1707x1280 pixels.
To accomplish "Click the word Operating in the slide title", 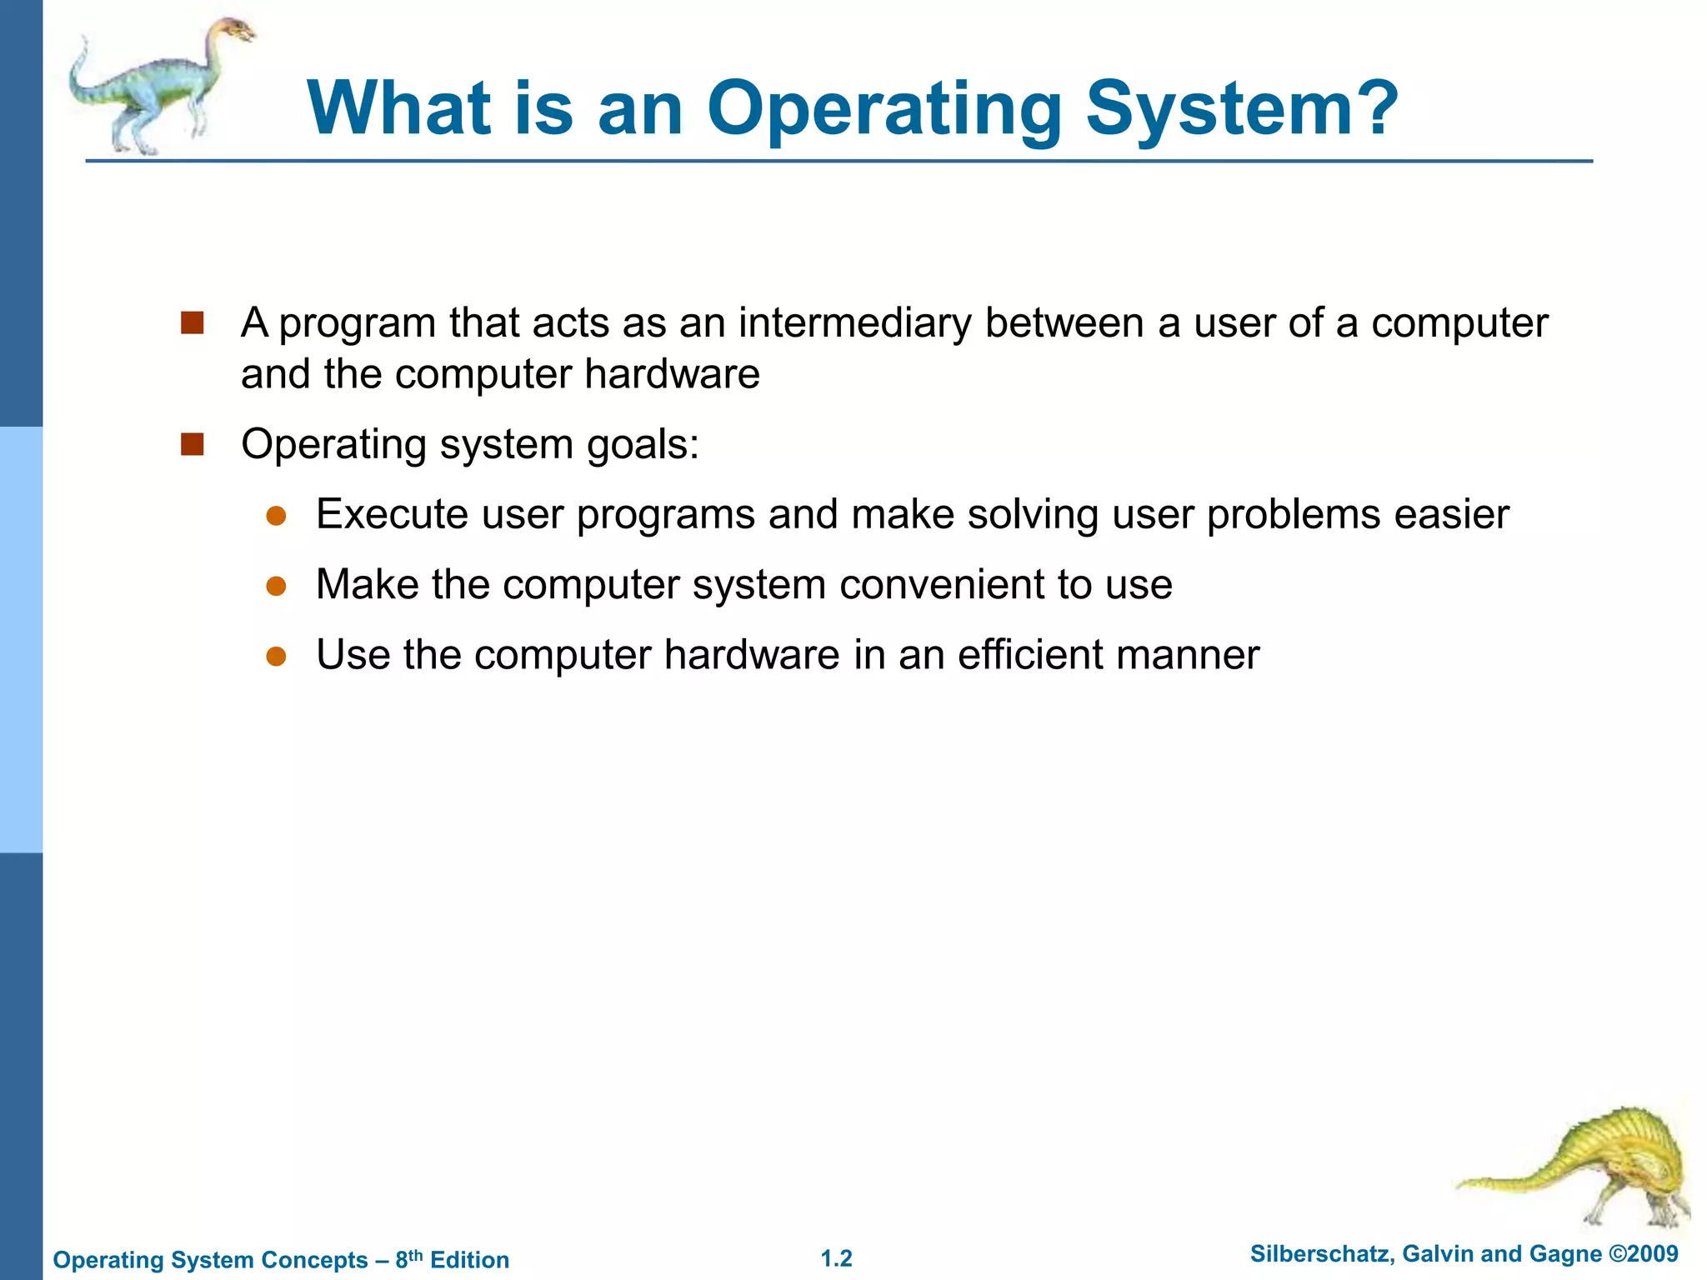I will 884,110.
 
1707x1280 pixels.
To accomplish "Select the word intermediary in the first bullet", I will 854,323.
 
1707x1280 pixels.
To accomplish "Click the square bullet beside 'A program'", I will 193,323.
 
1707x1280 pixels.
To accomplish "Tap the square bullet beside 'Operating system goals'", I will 193,444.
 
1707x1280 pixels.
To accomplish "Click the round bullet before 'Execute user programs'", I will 277,516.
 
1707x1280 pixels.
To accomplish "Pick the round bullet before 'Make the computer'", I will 277,586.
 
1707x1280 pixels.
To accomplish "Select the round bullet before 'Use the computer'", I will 277,657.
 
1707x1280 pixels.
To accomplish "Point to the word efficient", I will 1030,655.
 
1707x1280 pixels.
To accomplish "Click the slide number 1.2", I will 837,1258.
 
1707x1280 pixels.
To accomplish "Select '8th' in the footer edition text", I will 409,1258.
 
